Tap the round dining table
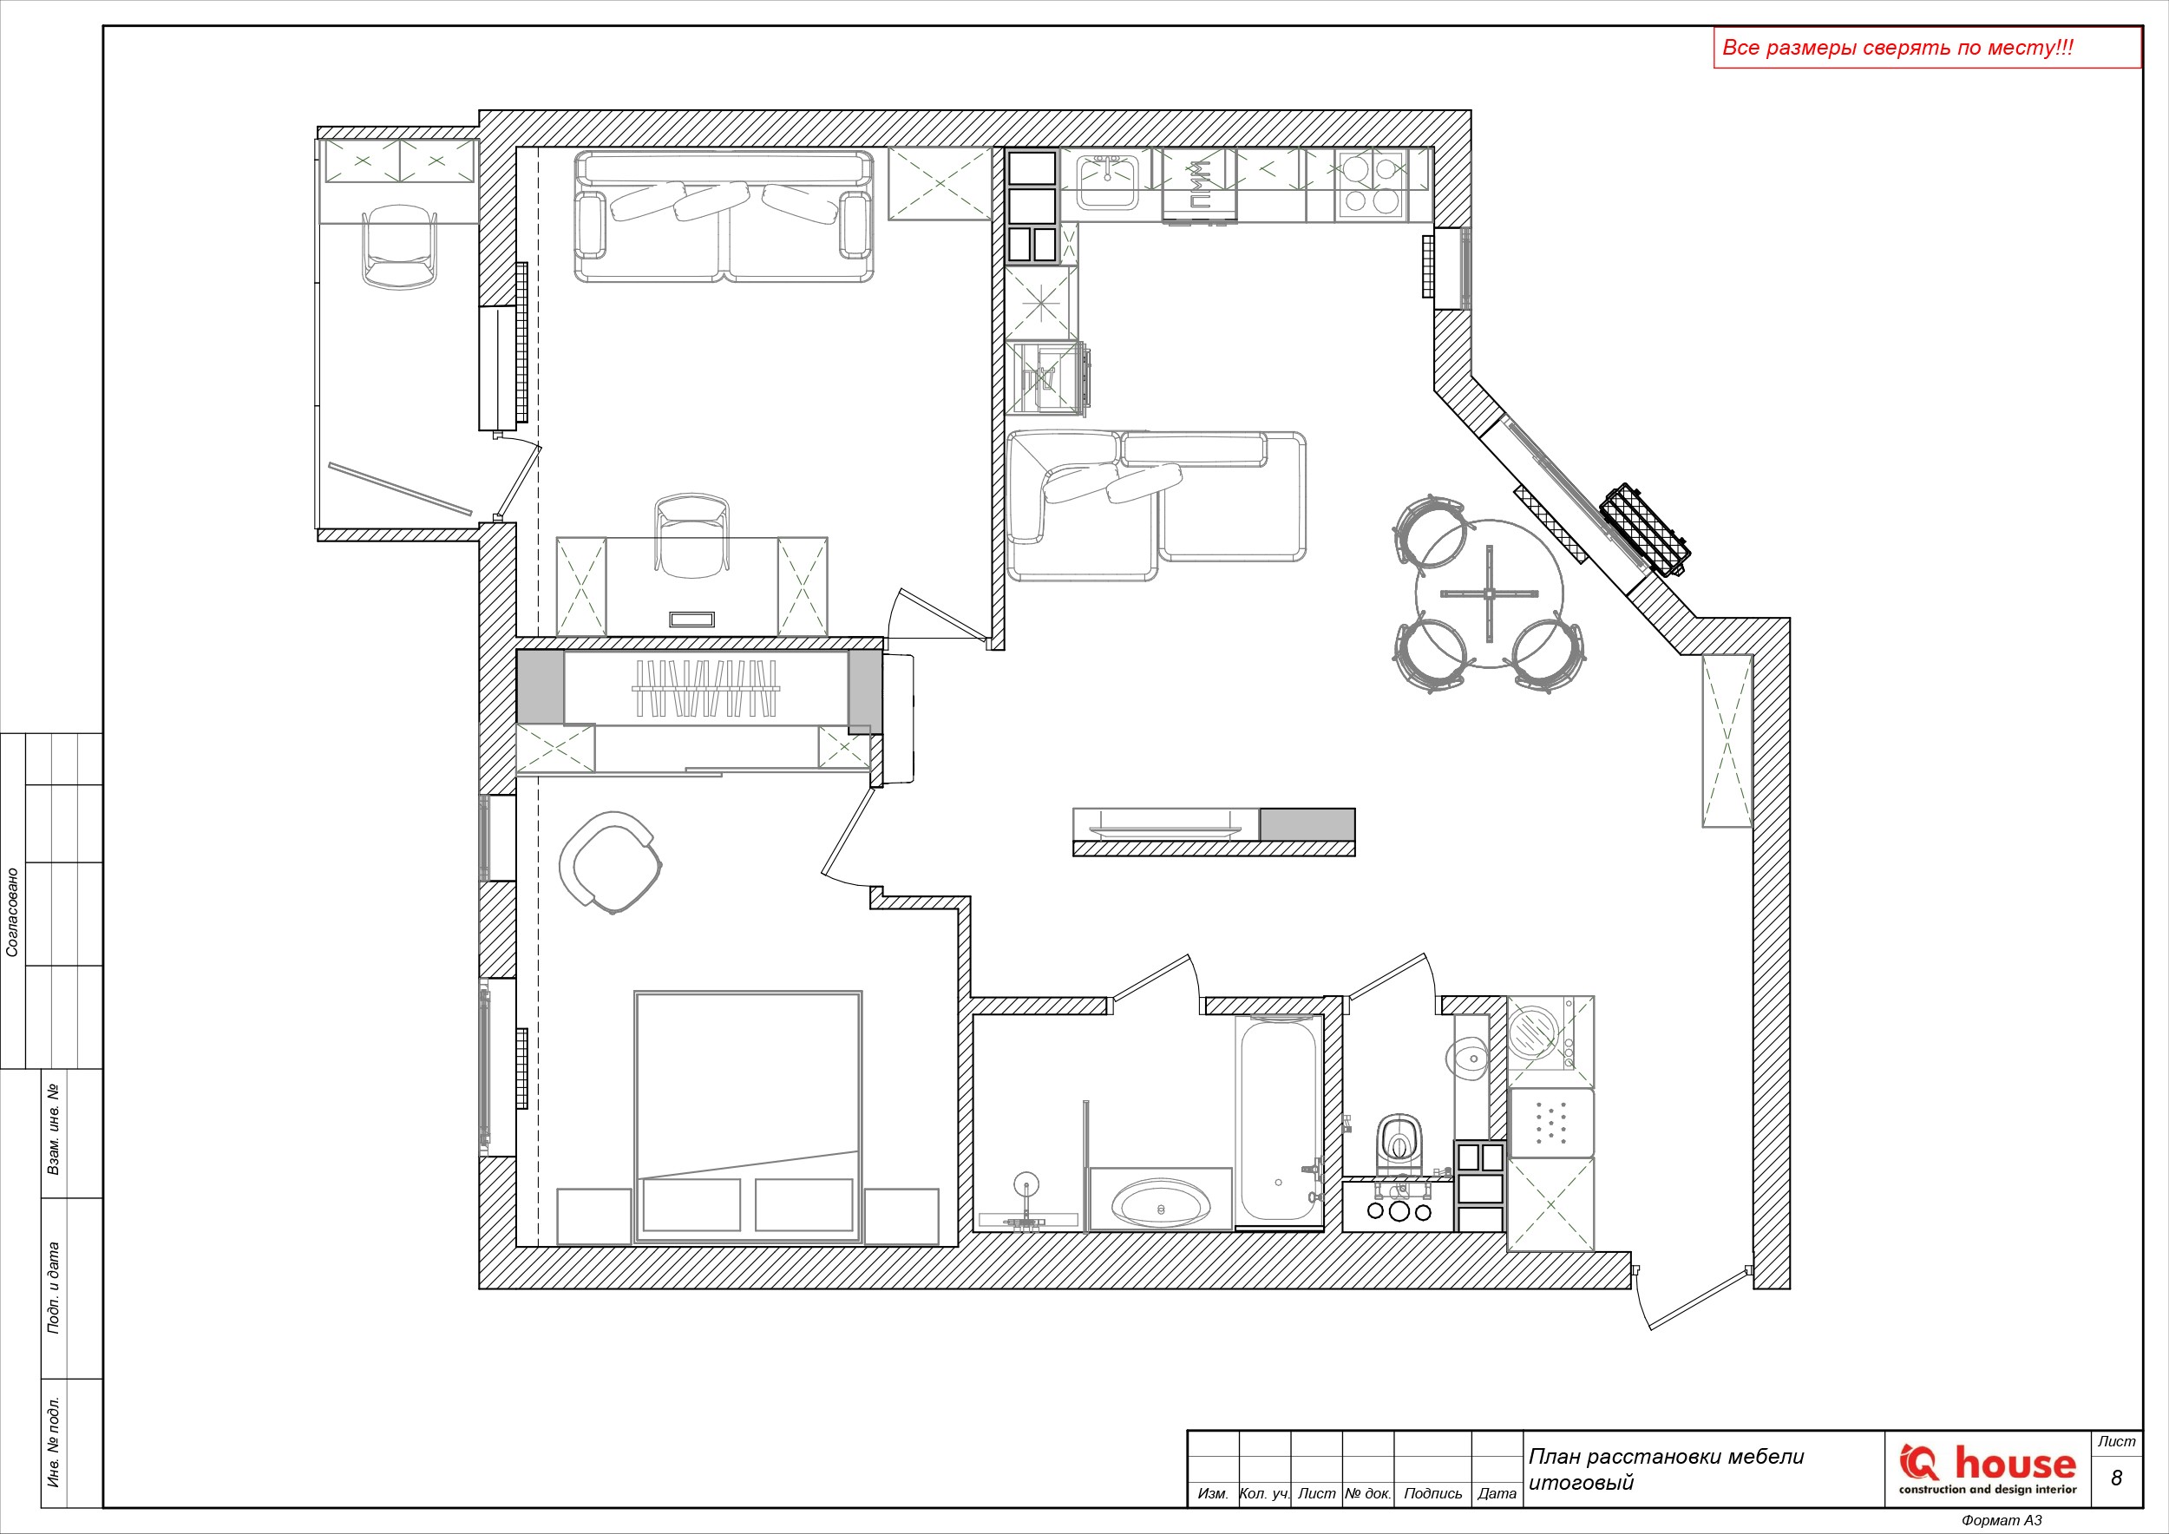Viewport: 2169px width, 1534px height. tap(1489, 593)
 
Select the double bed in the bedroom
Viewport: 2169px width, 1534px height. tap(747, 1117)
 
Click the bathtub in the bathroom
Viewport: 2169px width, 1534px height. tap(1278, 1122)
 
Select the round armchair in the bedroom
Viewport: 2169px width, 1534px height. tap(610, 862)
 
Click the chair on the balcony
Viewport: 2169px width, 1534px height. tap(400, 247)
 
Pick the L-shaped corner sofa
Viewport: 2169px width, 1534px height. tap(1157, 504)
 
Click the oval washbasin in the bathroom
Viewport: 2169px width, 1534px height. tap(1160, 1204)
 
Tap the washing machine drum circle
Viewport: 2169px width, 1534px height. tap(1531, 1031)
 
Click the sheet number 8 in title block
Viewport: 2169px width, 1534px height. tap(2116, 1478)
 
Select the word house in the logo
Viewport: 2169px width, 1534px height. tap(2015, 1463)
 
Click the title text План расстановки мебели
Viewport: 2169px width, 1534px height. tap(1667, 1457)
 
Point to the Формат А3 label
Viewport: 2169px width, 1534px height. tap(2002, 1520)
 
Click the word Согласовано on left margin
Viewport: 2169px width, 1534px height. tap(12, 913)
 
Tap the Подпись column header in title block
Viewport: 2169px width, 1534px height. tap(1432, 1493)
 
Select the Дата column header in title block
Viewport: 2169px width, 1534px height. tap(1497, 1493)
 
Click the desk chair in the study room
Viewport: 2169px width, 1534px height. tap(691, 534)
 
